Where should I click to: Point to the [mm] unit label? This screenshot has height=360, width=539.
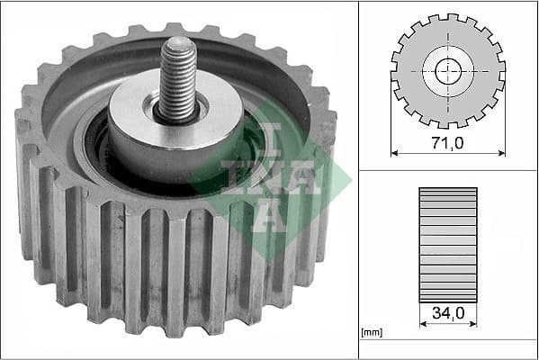click(371, 333)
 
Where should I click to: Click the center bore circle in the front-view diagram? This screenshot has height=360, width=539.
click(447, 71)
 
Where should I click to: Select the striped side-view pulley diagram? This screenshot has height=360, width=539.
click(447, 243)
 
